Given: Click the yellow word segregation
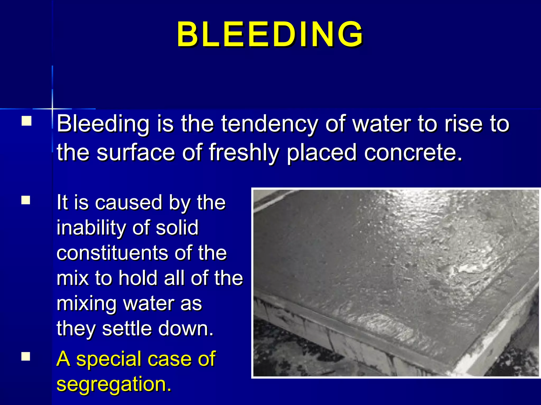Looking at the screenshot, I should [x=114, y=384].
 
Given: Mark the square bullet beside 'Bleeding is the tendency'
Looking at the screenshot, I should [x=26, y=121].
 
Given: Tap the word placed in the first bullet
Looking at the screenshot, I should [x=321, y=153].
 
